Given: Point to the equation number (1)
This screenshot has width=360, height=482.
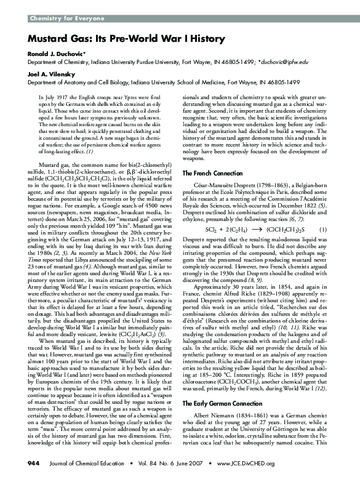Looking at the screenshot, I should click(x=327, y=229).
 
